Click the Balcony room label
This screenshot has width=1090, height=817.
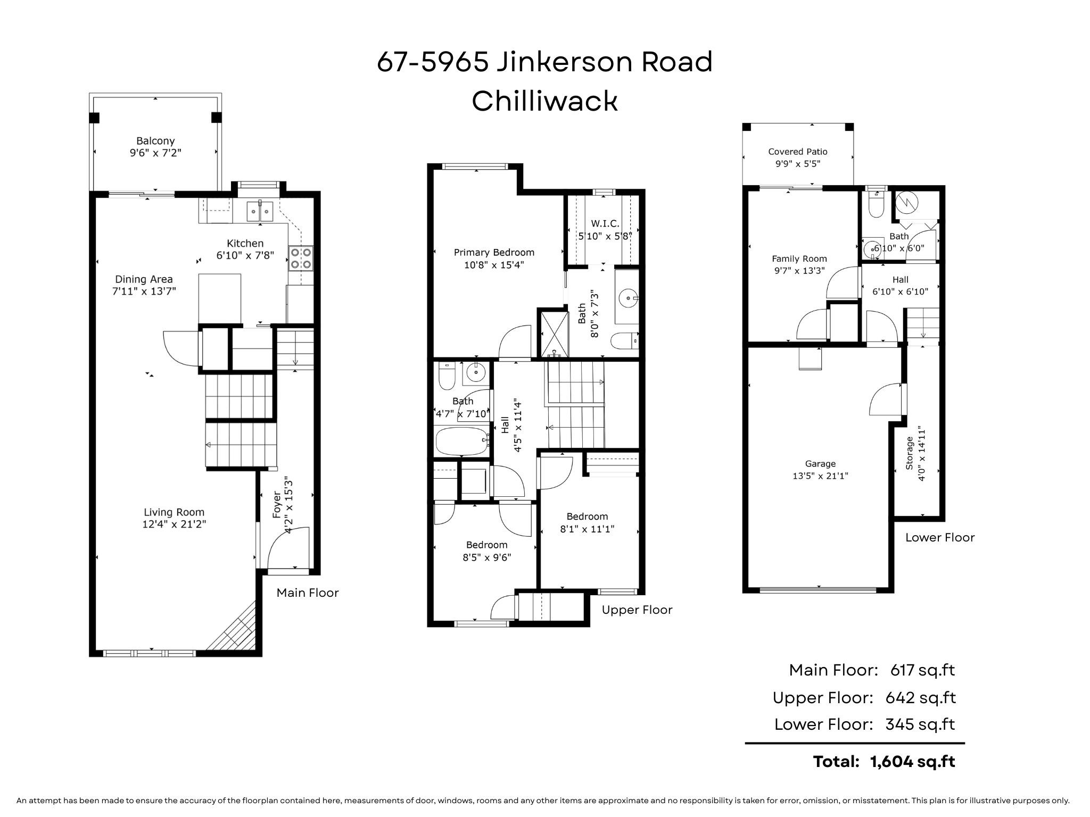(x=155, y=141)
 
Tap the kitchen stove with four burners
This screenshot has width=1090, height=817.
(x=301, y=258)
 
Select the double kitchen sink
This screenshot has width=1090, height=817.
(x=260, y=211)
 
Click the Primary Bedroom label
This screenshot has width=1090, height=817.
(x=494, y=253)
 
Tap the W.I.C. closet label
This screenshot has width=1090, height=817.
(x=605, y=224)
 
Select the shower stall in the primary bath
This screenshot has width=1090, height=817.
(x=554, y=334)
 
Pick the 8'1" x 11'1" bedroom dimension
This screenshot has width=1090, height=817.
(x=587, y=529)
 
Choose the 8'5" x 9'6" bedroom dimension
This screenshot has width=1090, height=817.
(x=487, y=557)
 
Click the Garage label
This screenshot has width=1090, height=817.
(x=820, y=464)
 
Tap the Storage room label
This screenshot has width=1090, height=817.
(x=910, y=453)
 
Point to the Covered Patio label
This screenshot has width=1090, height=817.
(x=798, y=152)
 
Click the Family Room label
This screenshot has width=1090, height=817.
(x=799, y=259)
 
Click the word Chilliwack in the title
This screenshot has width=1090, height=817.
(x=544, y=101)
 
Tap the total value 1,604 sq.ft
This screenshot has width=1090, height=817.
(x=913, y=762)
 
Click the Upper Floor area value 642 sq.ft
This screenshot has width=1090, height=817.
(x=921, y=697)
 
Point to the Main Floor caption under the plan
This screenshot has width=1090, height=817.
(x=308, y=593)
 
